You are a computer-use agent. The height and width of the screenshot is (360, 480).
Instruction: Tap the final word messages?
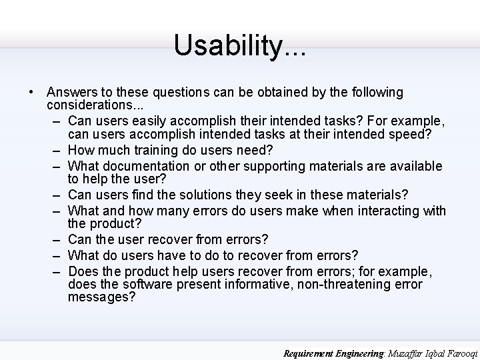coord(101,298)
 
